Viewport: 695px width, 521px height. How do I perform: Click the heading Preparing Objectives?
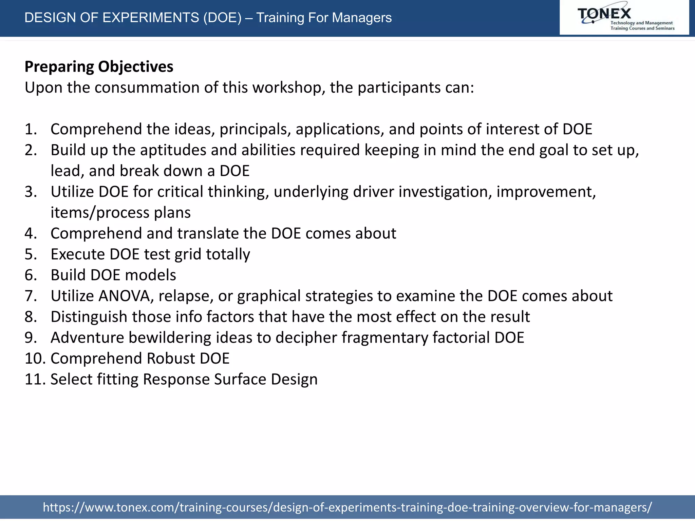click(99, 67)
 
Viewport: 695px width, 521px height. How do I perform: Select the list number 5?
click(30, 254)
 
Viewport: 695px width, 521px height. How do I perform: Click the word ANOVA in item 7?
click(125, 296)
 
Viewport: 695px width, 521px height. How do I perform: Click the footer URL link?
click(347, 507)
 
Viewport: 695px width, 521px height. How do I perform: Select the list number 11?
click(35, 379)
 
